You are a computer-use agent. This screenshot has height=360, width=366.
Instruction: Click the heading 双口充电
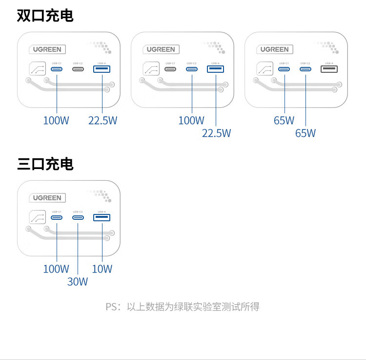[x=45, y=16]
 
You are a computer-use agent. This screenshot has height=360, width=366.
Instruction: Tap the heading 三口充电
[x=45, y=164]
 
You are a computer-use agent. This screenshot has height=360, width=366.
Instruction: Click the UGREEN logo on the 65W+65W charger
[x=274, y=49]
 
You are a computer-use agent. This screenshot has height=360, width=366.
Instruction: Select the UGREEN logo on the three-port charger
[x=47, y=198]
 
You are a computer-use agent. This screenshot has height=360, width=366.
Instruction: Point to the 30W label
[x=78, y=281]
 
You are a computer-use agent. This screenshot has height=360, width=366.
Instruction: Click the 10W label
[x=102, y=269]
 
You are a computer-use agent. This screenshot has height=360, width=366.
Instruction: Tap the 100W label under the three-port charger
[x=56, y=269]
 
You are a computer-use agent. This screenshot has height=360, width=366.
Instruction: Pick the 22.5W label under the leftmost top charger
[x=102, y=120]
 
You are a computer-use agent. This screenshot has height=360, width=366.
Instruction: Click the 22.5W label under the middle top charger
[x=216, y=133]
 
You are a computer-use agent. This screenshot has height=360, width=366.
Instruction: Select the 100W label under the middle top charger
[x=191, y=120]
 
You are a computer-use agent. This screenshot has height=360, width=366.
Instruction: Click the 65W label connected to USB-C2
[x=305, y=133]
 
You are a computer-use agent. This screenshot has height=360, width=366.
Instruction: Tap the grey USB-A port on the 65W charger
[x=329, y=69]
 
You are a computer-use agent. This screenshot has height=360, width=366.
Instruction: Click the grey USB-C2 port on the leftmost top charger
[x=78, y=69]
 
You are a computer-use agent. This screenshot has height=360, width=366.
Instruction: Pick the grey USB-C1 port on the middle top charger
[x=170, y=69]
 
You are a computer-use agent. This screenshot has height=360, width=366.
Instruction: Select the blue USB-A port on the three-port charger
[x=102, y=217]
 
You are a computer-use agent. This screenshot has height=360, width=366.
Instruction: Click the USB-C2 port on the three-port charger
[x=78, y=217]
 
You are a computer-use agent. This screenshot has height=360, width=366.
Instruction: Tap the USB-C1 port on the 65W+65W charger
[x=284, y=69]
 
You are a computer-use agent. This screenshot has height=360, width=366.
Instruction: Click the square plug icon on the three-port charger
[x=37, y=217]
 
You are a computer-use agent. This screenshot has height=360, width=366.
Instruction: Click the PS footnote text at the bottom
[x=183, y=307]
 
